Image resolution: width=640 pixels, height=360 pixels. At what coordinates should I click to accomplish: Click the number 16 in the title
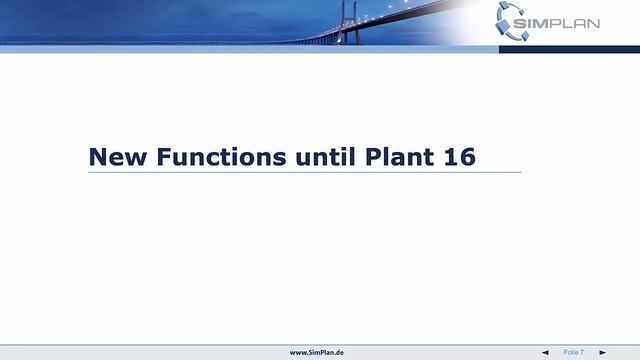click(460, 157)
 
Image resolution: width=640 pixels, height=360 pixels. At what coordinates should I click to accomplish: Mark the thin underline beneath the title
click(304, 172)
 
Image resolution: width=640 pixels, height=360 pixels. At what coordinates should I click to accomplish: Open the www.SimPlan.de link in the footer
click(317, 352)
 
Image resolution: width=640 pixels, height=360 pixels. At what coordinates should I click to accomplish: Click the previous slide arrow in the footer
click(545, 352)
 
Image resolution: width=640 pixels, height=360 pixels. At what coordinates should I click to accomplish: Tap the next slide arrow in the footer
click(602, 352)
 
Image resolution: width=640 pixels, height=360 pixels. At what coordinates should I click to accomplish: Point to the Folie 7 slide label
click(573, 352)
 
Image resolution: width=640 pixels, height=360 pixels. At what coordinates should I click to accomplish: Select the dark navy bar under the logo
click(569, 48)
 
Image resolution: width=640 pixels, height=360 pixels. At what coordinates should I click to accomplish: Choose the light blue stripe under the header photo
click(250, 48)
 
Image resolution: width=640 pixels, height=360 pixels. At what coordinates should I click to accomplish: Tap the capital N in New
click(98, 157)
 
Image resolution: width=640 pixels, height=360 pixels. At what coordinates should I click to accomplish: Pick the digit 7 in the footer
click(582, 352)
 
